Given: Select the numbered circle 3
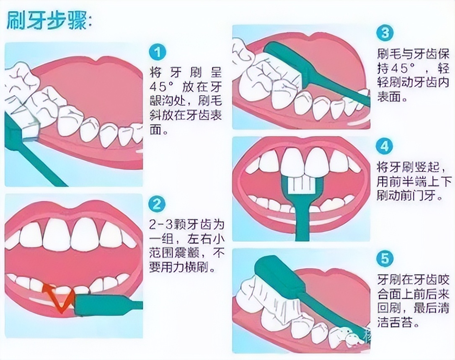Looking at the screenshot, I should click(385, 33).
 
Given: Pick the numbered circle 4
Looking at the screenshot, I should click(385, 147).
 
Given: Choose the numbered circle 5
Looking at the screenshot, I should click(385, 259).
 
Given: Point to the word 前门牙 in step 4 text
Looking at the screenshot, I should click(423, 195).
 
